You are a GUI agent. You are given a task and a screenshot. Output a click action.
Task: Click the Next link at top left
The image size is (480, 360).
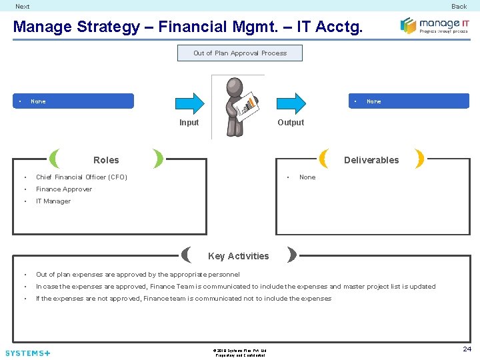[22, 7]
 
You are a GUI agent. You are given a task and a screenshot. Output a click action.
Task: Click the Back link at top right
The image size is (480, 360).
[459, 7]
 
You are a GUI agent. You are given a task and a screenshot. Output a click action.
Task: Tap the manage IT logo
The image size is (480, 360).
[434, 25]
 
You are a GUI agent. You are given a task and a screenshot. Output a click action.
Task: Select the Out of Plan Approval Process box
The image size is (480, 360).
[240, 53]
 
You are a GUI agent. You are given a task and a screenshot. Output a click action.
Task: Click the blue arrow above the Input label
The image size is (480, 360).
[189, 101]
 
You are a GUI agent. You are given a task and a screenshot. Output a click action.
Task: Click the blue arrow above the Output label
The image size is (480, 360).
[291, 101]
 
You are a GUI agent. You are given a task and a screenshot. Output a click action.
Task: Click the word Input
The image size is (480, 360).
[189, 123]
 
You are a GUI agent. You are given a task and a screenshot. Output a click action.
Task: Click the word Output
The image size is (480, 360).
[291, 123]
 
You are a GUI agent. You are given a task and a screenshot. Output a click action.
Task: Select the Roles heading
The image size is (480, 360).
[106, 160]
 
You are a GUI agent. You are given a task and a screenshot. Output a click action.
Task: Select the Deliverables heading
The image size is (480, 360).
[371, 160]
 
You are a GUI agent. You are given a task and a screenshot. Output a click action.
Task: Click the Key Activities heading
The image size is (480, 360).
[239, 256]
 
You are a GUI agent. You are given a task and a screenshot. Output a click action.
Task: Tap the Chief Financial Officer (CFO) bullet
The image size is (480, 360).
[81, 177]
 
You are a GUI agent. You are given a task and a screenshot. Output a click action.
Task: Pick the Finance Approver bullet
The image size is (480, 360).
[64, 189]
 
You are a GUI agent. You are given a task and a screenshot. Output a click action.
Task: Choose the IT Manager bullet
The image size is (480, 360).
[53, 201]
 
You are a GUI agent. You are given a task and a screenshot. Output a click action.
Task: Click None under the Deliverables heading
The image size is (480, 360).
[307, 177]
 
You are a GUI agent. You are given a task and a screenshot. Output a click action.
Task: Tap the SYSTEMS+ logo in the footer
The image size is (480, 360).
[28, 353]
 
